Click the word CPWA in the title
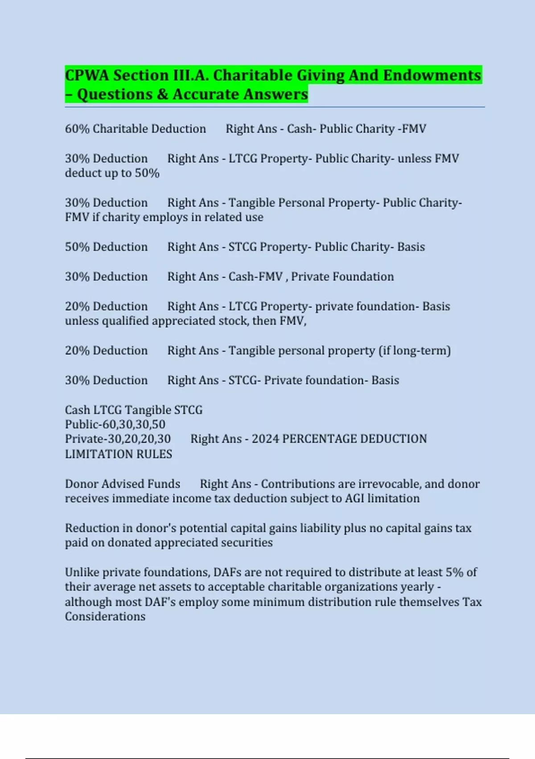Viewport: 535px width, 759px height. tap(87, 75)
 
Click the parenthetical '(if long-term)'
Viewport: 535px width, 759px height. tap(415, 350)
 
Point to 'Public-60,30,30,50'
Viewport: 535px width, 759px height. tap(115, 424)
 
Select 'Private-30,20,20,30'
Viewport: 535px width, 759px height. tap(118, 439)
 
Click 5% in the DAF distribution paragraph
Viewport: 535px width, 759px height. tap(454, 572)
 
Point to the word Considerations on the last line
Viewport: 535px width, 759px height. tap(105, 616)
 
